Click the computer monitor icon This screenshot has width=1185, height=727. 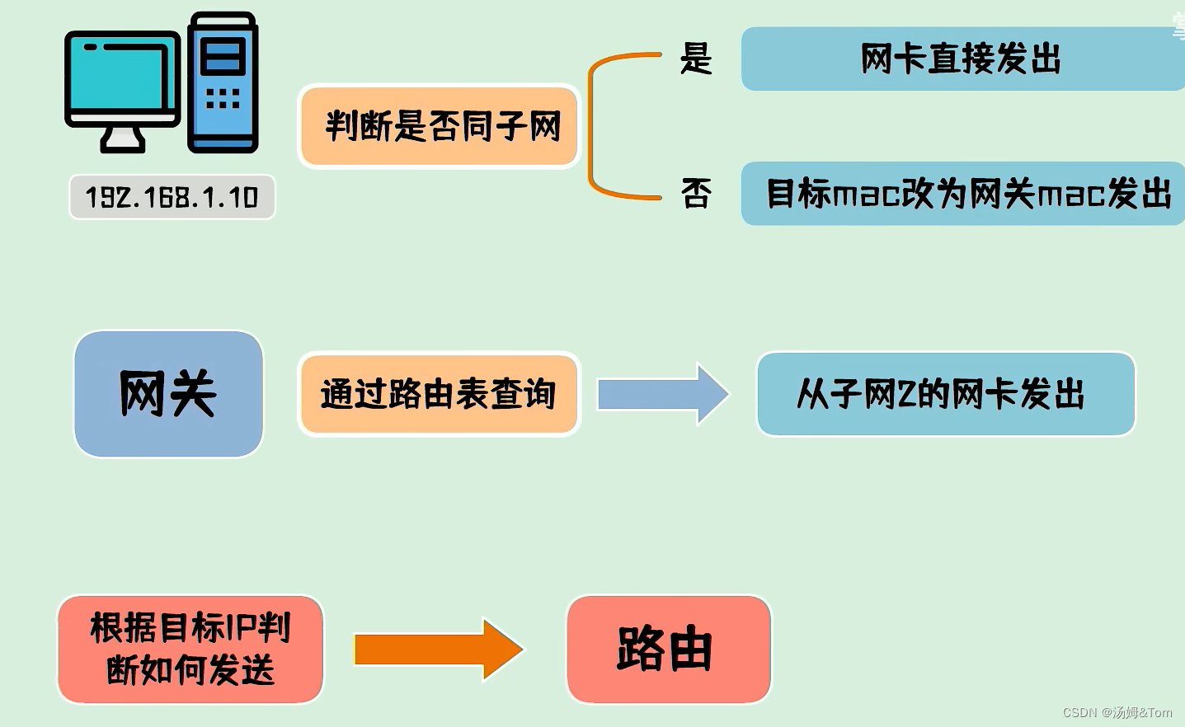pyautogui.click(x=123, y=79)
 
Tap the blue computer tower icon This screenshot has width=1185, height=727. pyautogui.click(x=223, y=82)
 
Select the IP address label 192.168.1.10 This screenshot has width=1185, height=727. pyautogui.click(x=172, y=197)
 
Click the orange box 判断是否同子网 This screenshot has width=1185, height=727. pyautogui.click(x=440, y=126)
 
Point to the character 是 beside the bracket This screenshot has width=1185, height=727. pyautogui.click(x=696, y=59)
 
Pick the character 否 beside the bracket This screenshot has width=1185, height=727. pyautogui.click(x=696, y=195)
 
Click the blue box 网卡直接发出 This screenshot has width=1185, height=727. pyautogui.click(x=961, y=59)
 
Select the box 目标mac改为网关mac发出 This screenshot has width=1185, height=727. pyautogui.click(x=965, y=195)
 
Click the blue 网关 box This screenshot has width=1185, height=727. pyautogui.click(x=168, y=394)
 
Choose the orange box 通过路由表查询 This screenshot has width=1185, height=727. pyautogui.click(x=439, y=394)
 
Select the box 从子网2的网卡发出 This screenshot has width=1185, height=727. pyautogui.click(x=945, y=394)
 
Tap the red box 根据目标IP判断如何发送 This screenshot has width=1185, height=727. pyautogui.click(x=190, y=650)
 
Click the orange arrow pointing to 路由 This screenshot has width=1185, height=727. pyautogui.click(x=438, y=650)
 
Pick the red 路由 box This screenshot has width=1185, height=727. pyautogui.click(x=668, y=650)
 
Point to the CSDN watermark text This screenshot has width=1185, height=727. pyautogui.click(x=1117, y=713)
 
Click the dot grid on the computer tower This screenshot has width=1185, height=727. pyautogui.click(x=223, y=99)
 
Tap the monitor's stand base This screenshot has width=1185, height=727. pyautogui.click(x=123, y=143)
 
